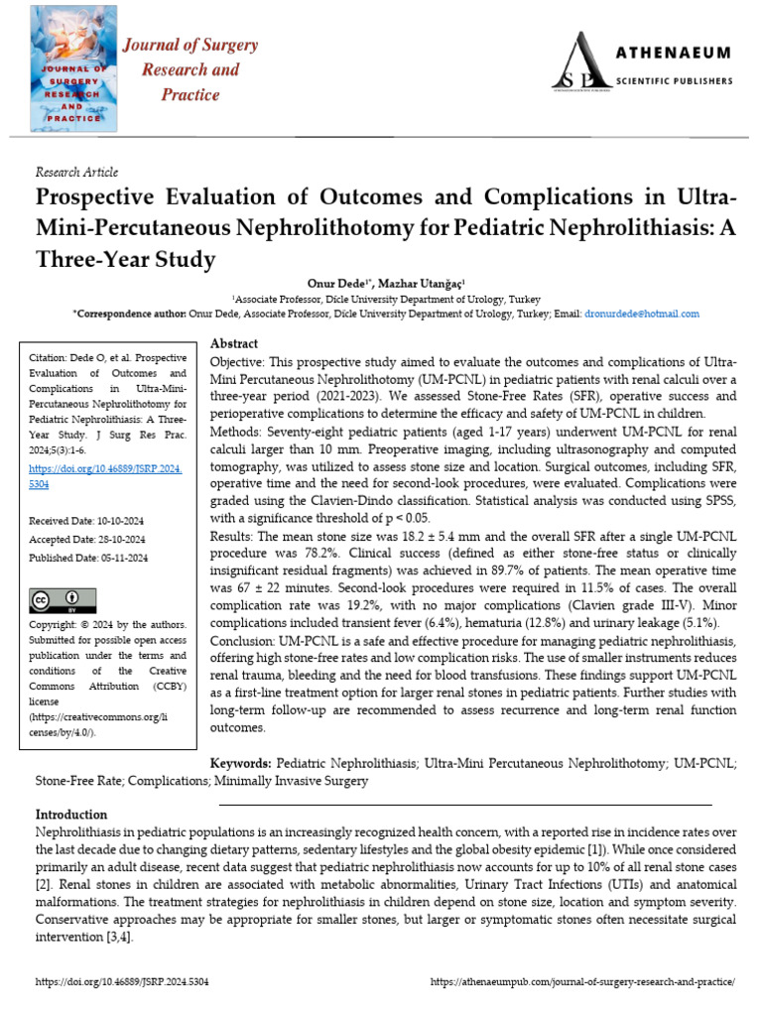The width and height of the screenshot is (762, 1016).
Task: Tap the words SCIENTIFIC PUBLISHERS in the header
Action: [672, 79]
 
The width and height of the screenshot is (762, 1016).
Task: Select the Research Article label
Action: [76, 172]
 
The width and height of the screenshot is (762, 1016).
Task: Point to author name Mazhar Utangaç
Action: [427, 282]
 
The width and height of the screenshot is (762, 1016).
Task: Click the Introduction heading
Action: [71, 814]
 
